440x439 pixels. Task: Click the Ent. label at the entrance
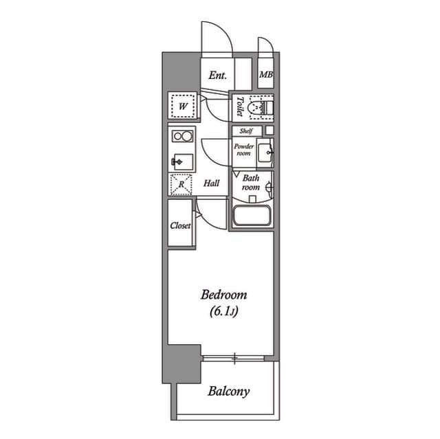point(217,76)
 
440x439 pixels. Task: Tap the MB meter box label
point(266,75)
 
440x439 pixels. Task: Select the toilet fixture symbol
point(261,107)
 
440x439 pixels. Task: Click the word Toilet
point(240,106)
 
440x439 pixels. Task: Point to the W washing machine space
point(184,106)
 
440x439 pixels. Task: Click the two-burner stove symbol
point(182,137)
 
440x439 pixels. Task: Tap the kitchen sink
point(182,162)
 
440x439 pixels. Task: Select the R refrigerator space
point(181,184)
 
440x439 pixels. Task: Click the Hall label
point(211,183)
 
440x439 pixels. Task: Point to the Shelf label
point(246,131)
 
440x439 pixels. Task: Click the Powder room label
point(244,150)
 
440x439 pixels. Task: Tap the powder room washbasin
point(265,153)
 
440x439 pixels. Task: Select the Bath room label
point(250,183)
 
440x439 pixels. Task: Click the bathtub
point(252,216)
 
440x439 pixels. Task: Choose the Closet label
point(180,225)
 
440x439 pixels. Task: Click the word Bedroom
point(224,295)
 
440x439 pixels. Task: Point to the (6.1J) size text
point(224,311)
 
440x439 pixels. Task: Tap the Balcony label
point(228,392)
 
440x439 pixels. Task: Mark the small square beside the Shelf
point(269,131)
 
